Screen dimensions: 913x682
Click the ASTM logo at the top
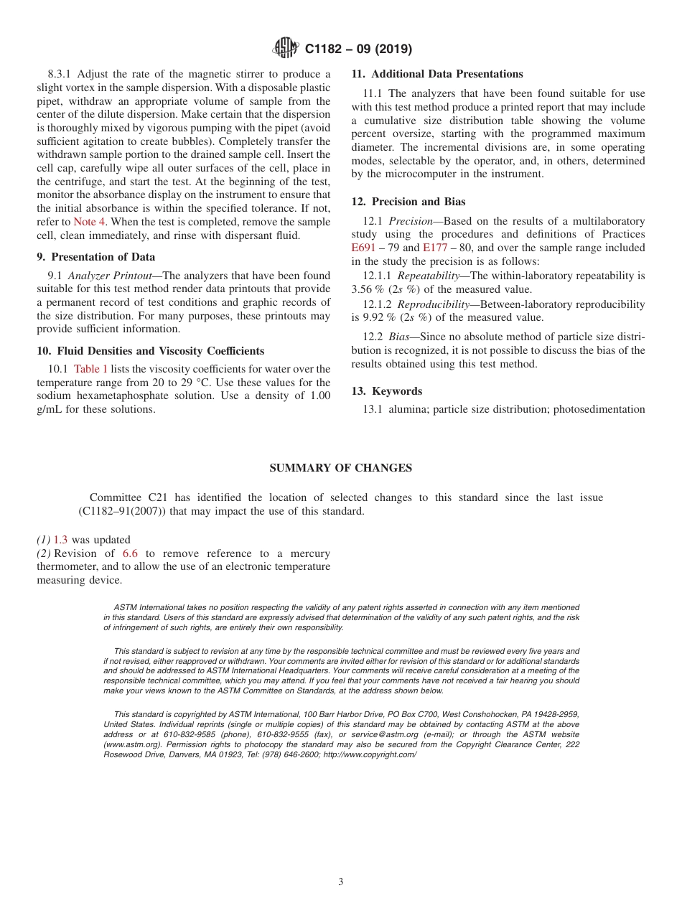pos(286,48)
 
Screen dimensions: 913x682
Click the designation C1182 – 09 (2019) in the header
pos(358,49)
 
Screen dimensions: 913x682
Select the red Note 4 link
pos(89,222)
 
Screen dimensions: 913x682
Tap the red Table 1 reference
pos(90,369)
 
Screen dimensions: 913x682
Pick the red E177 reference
pos(435,248)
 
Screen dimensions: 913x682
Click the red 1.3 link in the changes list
pos(61,540)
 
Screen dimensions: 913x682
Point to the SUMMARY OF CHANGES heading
pos(340,468)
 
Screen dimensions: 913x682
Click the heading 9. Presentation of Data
pos(95,257)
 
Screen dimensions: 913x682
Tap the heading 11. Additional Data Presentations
pos(437,74)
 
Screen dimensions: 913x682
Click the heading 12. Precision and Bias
pos(408,202)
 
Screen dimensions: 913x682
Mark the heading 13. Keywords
pos(387,391)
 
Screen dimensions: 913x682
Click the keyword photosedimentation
pos(597,409)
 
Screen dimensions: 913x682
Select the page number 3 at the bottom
pos(341,881)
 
